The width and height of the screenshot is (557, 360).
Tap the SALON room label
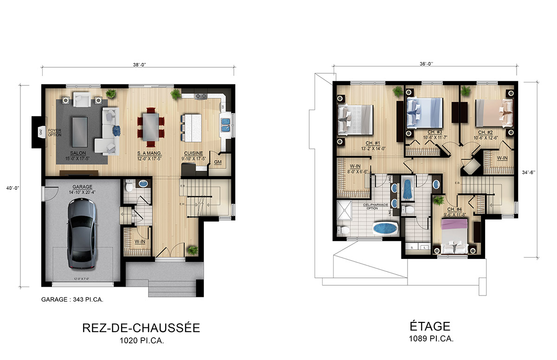(x=78, y=153)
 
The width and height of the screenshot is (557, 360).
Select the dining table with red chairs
(x=150, y=124)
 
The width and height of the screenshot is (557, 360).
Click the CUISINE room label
(x=192, y=153)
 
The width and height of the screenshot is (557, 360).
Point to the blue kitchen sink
(x=226, y=123)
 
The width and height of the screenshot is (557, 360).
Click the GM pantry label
(x=217, y=162)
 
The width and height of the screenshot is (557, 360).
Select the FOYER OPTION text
(x=55, y=133)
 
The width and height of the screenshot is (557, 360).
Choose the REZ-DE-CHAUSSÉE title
(x=141, y=328)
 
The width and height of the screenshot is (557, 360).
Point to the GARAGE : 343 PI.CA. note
(x=72, y=300)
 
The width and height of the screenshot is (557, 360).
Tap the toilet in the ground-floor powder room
(x=130, y=186)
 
